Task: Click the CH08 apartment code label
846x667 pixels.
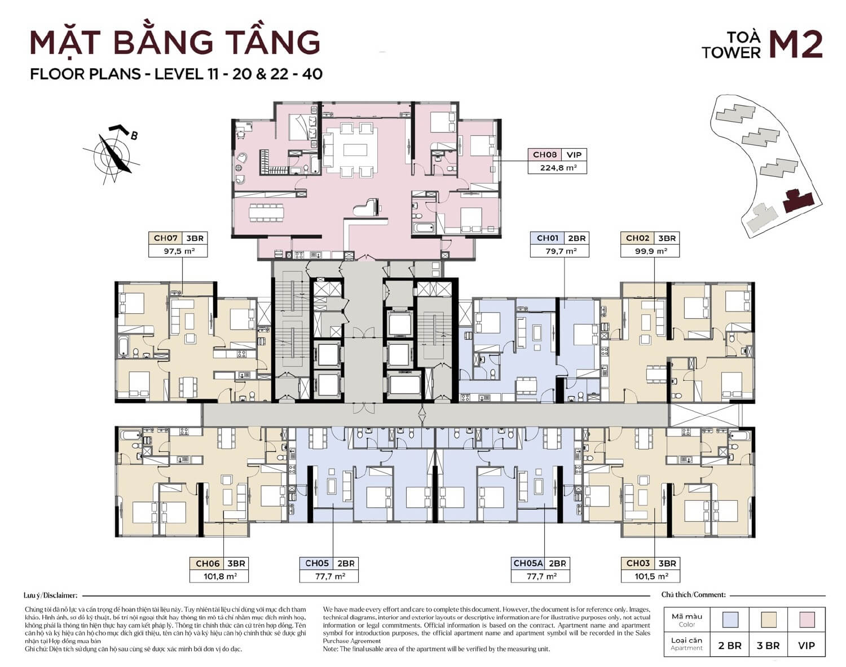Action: pos(544,155)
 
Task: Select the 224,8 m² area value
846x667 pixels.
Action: pos(557,167)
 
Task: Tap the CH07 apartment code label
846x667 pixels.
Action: pos(166,238)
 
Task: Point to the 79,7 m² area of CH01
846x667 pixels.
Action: pos(559,251)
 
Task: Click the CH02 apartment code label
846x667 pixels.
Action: pos(637,238)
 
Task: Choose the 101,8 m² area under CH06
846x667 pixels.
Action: pos(219,576)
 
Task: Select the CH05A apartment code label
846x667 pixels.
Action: pos(528,563)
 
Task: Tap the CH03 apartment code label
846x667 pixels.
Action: pos(637,563)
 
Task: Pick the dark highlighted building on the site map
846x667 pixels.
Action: pos(797,200)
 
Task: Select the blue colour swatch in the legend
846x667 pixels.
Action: pos(730,620)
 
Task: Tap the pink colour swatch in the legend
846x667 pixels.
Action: pos(807,620)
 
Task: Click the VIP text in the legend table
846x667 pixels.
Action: pos(807,646)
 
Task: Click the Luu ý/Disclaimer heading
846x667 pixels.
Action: pos(50,595)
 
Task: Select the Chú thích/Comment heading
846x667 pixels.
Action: pos(693,595)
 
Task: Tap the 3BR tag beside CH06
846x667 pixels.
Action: pos(236,563)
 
